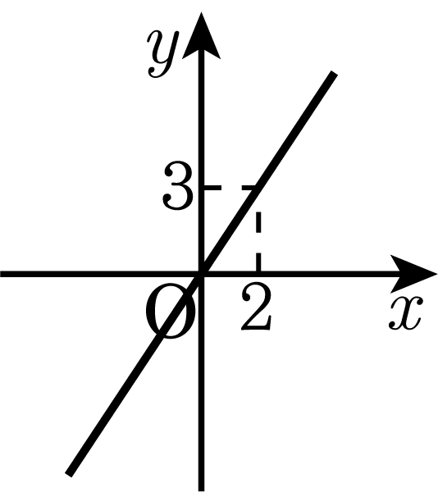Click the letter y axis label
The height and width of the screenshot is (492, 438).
click(x=163, y=54)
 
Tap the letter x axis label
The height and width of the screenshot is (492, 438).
click(x=406, y=313)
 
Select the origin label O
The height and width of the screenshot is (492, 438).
click(x=171, y=311)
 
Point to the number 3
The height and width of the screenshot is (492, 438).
click(x=177, y=185)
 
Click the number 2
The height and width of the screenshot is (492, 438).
click(x=256, y=307)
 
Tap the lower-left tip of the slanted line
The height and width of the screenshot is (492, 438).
click(x=69, y=474)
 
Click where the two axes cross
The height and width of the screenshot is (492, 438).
click(x=202, y=274)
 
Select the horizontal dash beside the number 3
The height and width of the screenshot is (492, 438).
click(x=212, y=188)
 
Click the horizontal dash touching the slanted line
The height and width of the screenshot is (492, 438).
click(x=249, y=188)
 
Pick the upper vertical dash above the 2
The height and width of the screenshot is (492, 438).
click(x=258, y=222)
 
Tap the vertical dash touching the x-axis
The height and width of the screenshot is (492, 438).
click(x=258, y=262)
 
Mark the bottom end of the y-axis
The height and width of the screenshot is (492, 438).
click(x=202, y=490)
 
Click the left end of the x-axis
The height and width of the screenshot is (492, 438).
click(x=2, y=274)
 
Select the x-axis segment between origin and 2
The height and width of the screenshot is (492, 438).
click(x=230, y=274)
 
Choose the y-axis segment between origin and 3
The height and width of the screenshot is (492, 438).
click(x=202, y=231)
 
